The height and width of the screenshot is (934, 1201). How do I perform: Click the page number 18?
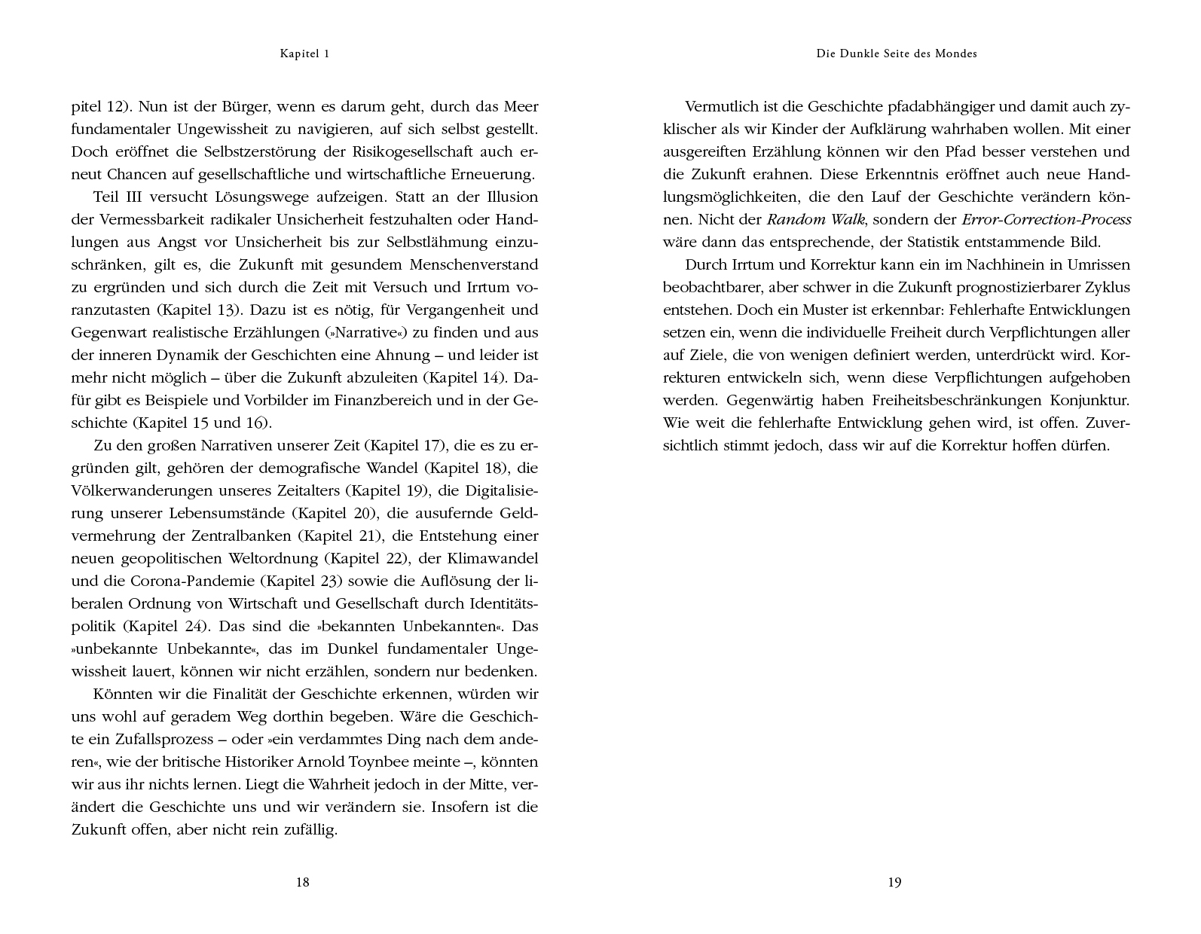tap(302, 882)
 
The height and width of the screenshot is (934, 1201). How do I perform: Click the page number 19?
tap(894, 882)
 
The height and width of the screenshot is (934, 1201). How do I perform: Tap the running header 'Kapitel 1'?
tap(305, 53)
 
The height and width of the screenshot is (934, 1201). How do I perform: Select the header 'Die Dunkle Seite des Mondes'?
tap(897, 53)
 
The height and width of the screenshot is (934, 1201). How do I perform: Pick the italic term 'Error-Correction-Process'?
tap(1047, 219)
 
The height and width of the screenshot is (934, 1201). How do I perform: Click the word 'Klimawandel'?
tap(492, 558)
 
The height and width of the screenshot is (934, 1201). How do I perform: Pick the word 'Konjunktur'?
tap(1090, 400)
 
